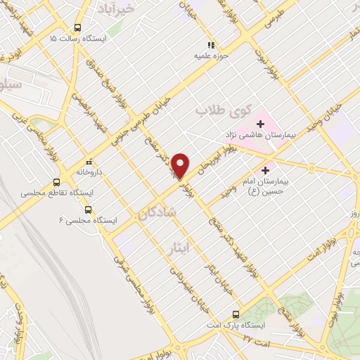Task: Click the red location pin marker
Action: pyautogui.click(x=181, y=165)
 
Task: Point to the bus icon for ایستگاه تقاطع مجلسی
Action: pyautogui.click(x=56, y=182)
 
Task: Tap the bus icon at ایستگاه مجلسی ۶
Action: pyautogui.click(x=87, y=210)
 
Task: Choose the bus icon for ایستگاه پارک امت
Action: pyautogui.click(x=236, y=314)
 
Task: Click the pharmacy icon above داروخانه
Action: pyautogui.click(x=88, y=160)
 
